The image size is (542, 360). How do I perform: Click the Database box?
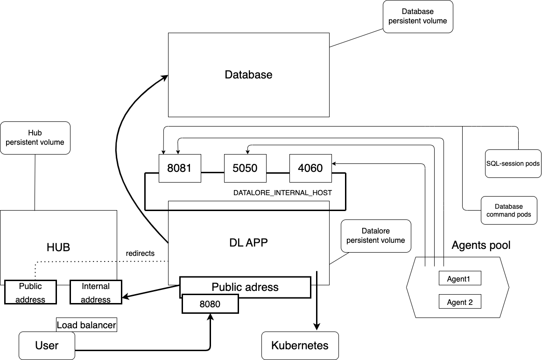[x=248, y=75]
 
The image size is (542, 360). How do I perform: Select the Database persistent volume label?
[x=418, y=16]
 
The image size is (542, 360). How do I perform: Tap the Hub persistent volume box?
[x=35, y=138]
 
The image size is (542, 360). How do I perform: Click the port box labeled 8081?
[x=180, y=168]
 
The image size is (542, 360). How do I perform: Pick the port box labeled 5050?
[x=245, y=168]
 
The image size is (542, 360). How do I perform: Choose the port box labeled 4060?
[x=310, y=168]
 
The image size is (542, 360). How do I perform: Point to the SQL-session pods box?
[x=513, y=164]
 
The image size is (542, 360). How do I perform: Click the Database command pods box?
[x=509, y=210]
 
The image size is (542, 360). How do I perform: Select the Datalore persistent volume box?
[x=376, y=236]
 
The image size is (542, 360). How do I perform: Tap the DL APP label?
[x=248, y=242]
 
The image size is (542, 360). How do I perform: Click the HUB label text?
[x=58, y=247]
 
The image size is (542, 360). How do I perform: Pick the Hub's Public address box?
[x=30, y=293]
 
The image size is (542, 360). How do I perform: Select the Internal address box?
[x=96, y=293]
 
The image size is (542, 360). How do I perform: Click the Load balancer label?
[x=86, y=325]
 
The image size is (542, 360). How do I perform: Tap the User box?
[x=47, y=346]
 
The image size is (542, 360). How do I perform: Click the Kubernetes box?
[x=300, y=346]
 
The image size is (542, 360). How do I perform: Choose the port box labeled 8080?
[x=210, y=304]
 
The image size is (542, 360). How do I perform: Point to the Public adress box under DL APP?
[x=245, y=287]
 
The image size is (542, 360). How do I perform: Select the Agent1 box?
[x=460, y=279]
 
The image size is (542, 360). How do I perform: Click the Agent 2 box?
[x=460, y=302]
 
